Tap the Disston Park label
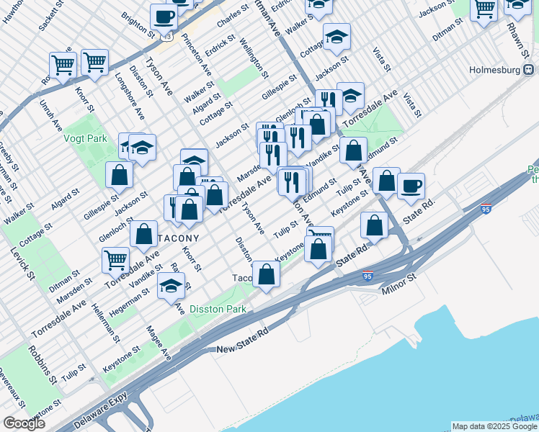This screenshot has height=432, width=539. [218, 309]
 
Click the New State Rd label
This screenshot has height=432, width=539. [242, 348]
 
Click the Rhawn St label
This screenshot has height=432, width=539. [522, 30]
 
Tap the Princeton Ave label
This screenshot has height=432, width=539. [197, 55]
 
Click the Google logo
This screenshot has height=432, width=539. [24, 423]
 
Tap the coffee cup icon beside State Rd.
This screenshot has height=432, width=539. [411, 186]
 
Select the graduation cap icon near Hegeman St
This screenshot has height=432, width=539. [171, 287]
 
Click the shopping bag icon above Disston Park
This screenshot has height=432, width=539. [266, 274]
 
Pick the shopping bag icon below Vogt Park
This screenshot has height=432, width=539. [119, 175]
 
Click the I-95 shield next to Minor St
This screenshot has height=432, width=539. [367, 276]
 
